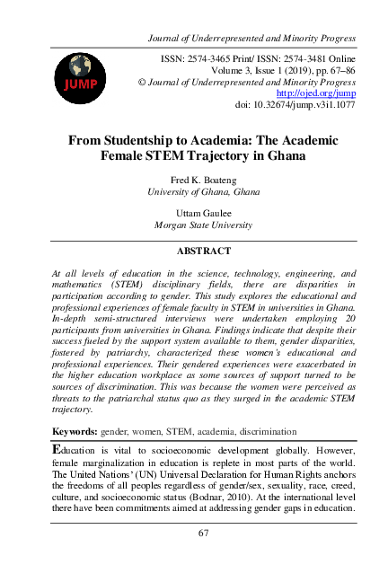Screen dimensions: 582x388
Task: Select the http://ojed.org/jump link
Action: coord(316,92)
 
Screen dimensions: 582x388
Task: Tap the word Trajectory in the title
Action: coord(243,155)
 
